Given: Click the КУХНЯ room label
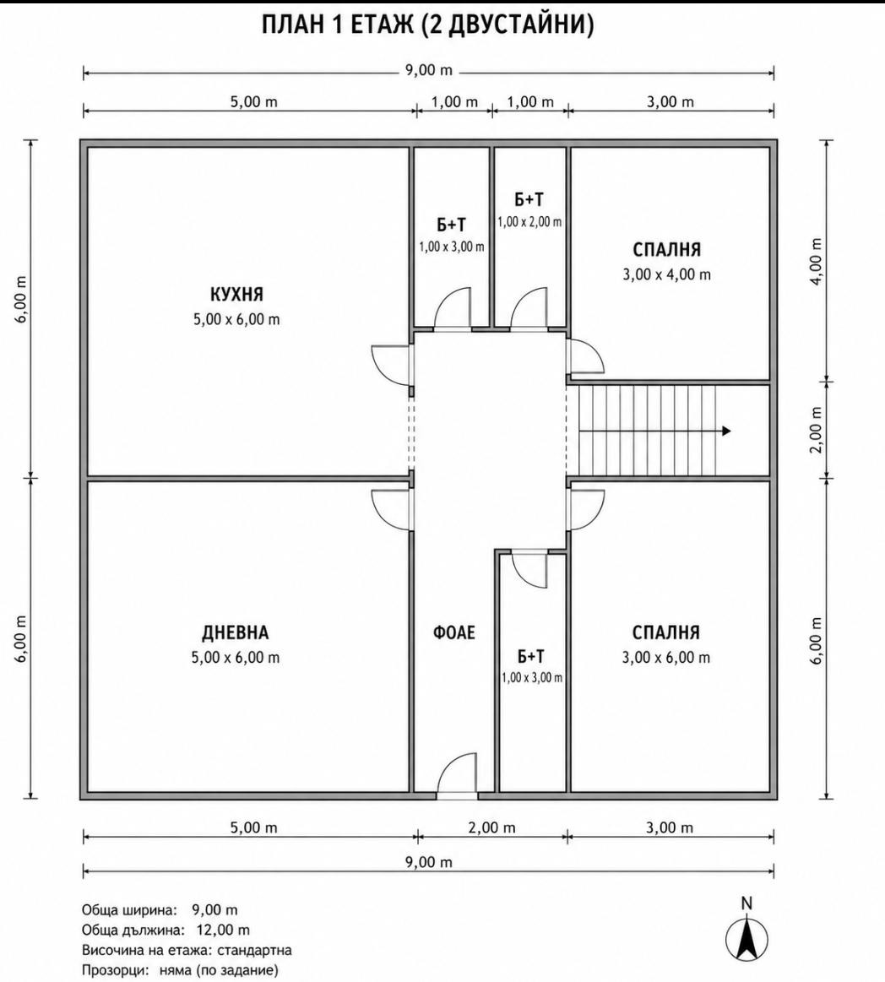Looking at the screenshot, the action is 236,294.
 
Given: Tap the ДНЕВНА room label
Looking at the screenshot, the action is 236,632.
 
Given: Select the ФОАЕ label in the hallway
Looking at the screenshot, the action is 454,632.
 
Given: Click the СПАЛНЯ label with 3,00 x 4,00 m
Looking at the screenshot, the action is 666,250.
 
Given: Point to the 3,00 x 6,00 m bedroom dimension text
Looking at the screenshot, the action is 666,658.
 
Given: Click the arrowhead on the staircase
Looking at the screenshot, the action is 726,431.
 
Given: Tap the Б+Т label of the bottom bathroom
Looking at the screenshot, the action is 531,656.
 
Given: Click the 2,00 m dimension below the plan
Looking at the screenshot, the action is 491,828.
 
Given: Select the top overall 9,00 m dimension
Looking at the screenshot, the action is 428,70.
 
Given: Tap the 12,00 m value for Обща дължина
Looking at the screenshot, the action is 223,930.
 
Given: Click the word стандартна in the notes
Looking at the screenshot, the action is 254,950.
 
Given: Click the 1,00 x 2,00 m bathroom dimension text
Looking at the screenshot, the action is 529,222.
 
